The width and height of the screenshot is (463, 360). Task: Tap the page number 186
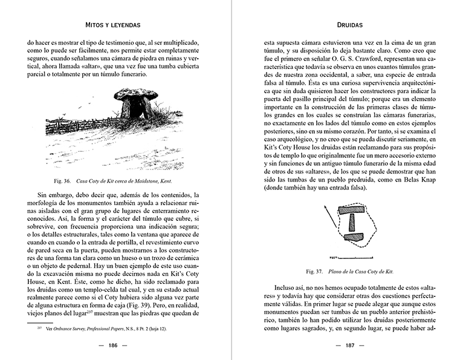[x=112, y=347]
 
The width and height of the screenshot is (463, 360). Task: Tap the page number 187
[x=349, y=347]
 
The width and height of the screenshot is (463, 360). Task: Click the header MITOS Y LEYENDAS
[x=112, y=26]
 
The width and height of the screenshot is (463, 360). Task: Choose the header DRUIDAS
[x=349, y=26]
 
